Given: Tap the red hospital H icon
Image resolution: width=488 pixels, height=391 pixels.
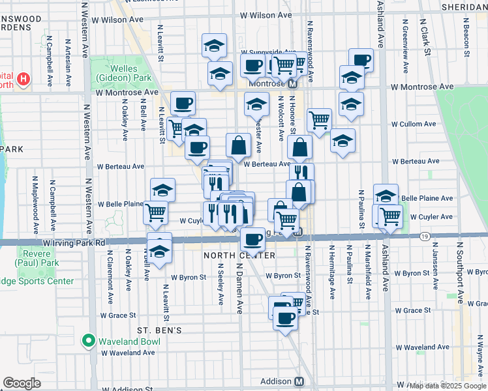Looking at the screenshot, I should point(24,80).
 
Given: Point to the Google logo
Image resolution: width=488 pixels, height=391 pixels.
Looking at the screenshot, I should point(22,383).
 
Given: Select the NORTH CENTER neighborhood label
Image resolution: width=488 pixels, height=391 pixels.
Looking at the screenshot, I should point(230,255).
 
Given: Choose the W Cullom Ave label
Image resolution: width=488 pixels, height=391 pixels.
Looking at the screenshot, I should point(412,124).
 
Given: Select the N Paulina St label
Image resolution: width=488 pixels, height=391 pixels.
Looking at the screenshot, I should point(359,208).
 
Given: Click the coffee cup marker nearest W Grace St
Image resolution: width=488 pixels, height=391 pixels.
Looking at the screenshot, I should point(284,318).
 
